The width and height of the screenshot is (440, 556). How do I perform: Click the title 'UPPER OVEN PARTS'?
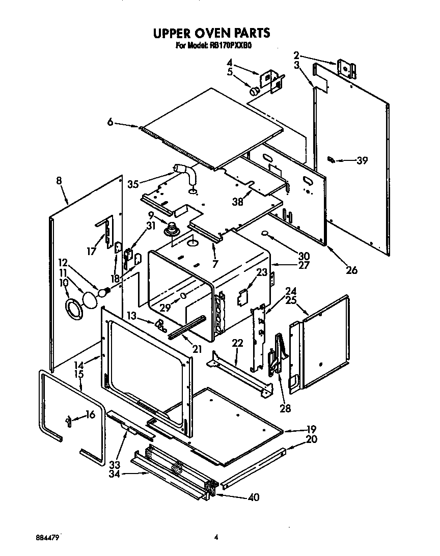211,34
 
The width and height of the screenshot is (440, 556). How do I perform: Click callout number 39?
362,161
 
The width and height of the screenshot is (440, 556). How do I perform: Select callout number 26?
351,270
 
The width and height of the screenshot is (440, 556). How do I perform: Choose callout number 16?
90,415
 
